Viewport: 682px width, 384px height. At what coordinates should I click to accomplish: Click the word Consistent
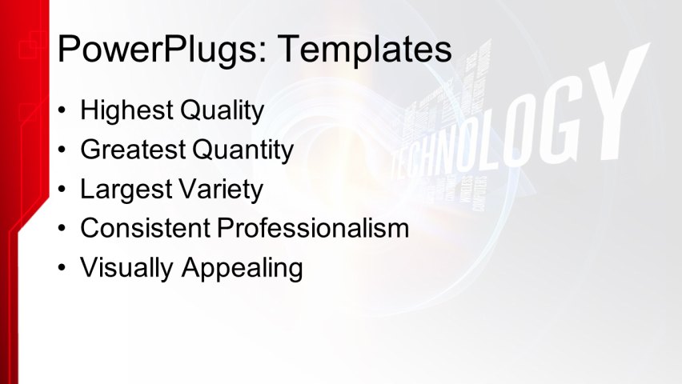146,229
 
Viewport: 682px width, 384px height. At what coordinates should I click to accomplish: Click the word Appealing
243,268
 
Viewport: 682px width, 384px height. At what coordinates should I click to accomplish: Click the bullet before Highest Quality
63,111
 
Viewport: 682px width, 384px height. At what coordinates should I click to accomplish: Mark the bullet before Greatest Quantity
63,150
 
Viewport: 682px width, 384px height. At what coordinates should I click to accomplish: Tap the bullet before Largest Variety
63,190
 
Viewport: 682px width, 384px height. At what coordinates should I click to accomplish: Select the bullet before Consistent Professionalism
63,229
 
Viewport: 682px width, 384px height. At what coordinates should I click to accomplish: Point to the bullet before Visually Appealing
63,268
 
